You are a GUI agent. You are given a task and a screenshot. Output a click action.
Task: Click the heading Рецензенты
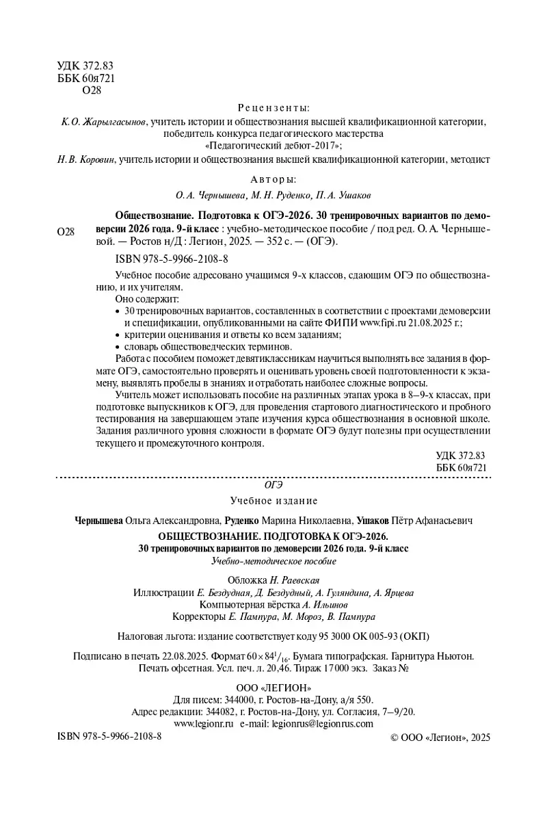click(273, 107)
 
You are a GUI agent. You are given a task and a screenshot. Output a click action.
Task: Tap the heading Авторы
click(273, 179)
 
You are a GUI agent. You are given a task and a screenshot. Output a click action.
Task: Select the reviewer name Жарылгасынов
click(103, 122)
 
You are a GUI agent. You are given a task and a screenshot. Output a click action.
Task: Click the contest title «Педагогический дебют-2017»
click(273, 146)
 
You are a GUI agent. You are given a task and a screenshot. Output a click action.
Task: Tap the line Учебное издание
click(273, 501)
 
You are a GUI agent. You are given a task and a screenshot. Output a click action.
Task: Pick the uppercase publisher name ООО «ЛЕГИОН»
click(273, 688)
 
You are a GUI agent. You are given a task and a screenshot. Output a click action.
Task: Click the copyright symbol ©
click(393, 738)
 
